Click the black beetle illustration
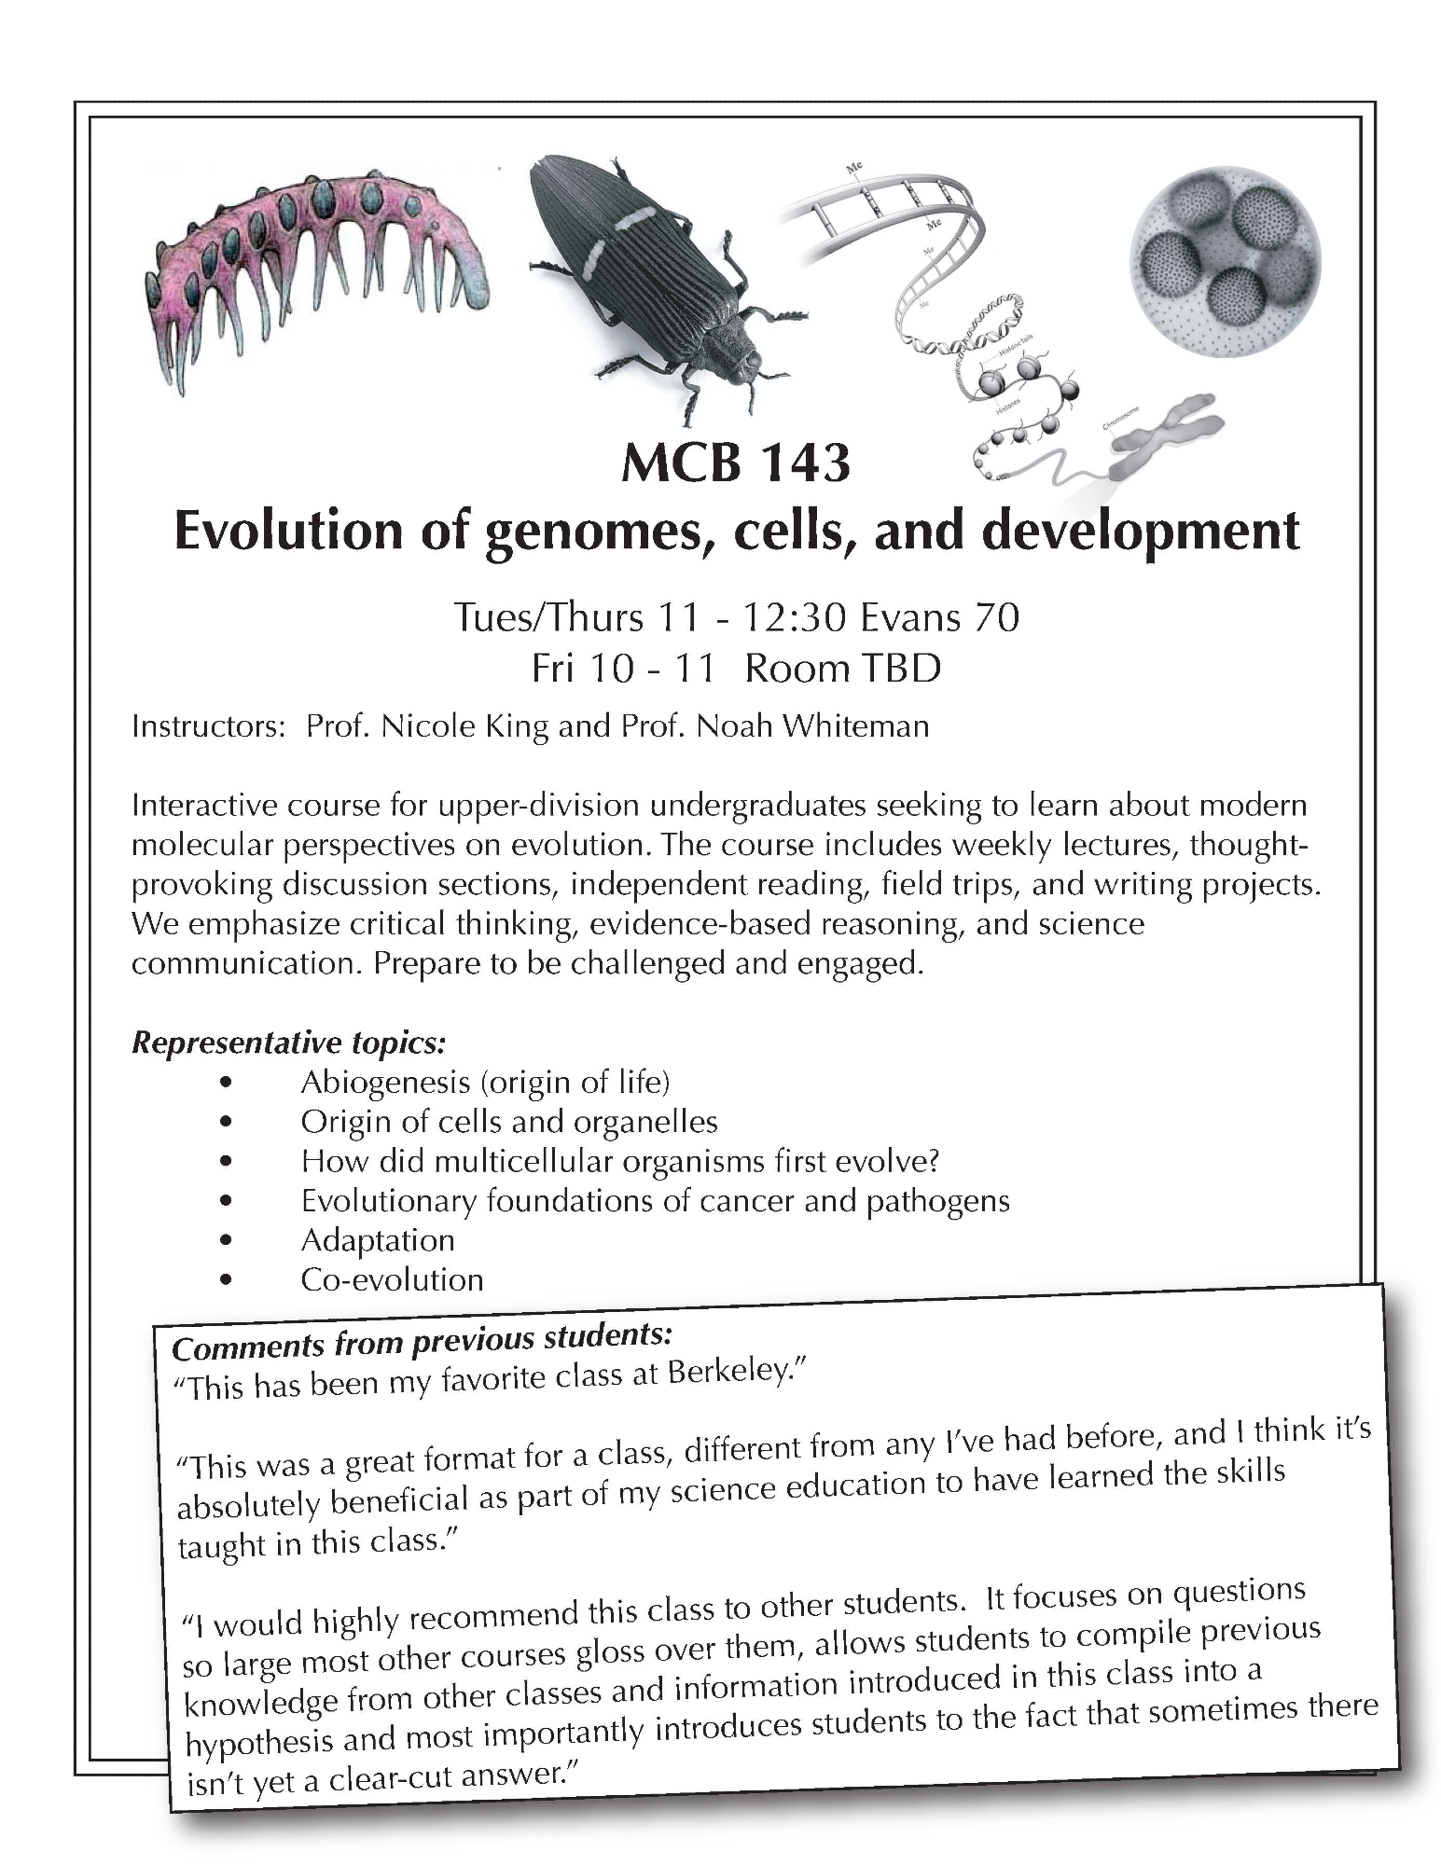pyautogui.click(x=653, y=280)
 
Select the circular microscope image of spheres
pyautogui.click(x=1225, y=256)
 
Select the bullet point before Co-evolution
pyautogui.click(x=225, y=1280)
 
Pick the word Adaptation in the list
pyautogui.click(x=378, y=1240)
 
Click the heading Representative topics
pyautogui.click(x=289, y=1043)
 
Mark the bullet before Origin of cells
pyautogui.click(x=225, y=1123)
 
